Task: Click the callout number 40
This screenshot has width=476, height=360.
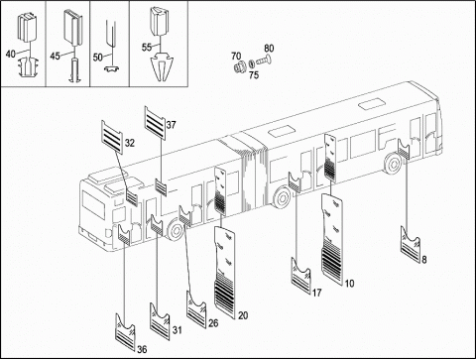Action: coord(11,54)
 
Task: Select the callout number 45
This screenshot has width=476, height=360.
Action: coord(55,56)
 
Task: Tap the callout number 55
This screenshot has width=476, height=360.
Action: coord(147,47)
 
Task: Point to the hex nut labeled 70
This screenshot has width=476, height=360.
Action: coord(239,67)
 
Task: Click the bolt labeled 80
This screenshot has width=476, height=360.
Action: coord(264,60)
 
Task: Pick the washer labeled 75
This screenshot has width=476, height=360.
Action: coord(251,62)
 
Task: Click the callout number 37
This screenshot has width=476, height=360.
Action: coord(171,125)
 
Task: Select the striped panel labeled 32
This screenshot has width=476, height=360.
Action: coord(112,137)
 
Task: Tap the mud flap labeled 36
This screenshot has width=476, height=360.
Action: coord(126,331)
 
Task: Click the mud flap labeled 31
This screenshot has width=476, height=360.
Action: coord(160,320)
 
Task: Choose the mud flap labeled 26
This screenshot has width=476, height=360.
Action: coord(196,308)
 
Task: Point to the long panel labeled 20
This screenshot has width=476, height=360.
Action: coord(225,273)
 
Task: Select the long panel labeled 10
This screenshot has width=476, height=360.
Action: coord(332,236)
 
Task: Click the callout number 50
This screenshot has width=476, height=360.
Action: coord(98,58)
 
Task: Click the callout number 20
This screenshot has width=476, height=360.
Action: coord(243,315)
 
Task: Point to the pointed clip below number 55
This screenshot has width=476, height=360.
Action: coord(161,66)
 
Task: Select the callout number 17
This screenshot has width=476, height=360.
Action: coord(316,293)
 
